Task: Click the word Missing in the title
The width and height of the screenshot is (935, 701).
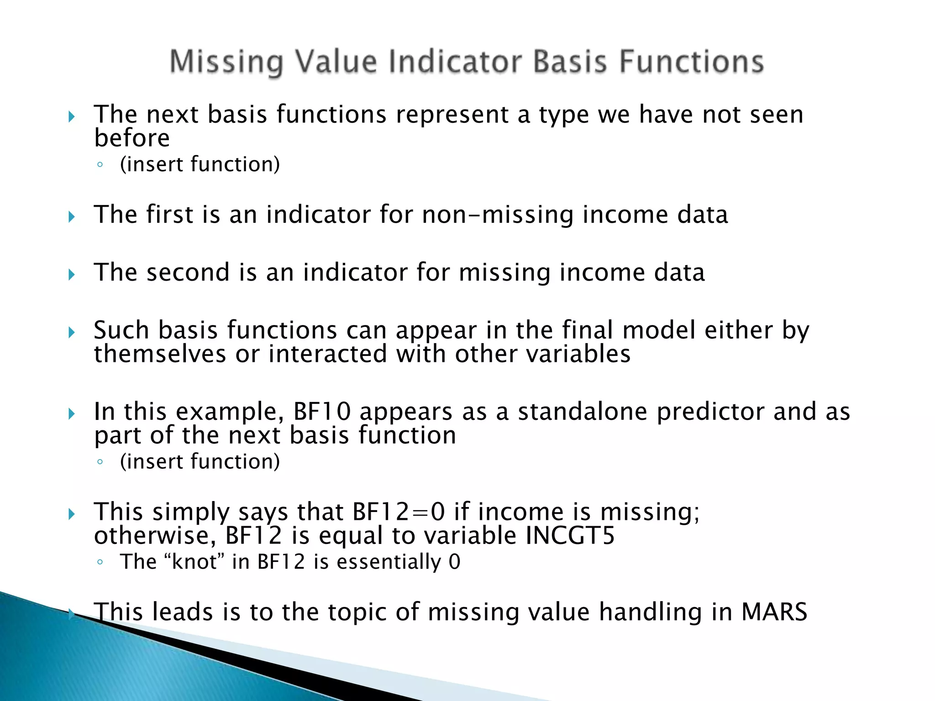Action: point(226,62)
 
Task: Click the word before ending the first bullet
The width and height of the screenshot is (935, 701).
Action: point(132,138)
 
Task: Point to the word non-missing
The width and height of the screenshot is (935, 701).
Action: point(497,214)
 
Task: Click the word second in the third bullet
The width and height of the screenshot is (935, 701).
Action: point(188,272)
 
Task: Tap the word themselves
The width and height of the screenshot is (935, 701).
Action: point(160,354)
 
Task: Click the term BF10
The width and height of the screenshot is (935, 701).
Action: point(322,412)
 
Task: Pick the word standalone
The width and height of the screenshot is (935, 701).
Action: point(583,412)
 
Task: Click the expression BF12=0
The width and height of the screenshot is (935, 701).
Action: point(399,512)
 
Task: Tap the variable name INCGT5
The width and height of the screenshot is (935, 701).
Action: point(570,536)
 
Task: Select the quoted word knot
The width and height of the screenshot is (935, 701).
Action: point(194,562)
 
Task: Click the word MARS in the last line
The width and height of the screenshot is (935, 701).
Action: point(774,612)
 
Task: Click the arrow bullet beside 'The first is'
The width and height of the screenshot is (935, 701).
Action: point(72,216)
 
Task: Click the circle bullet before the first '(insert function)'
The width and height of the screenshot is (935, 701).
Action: point(100,165)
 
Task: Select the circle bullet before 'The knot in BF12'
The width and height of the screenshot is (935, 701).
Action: point(100,562)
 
